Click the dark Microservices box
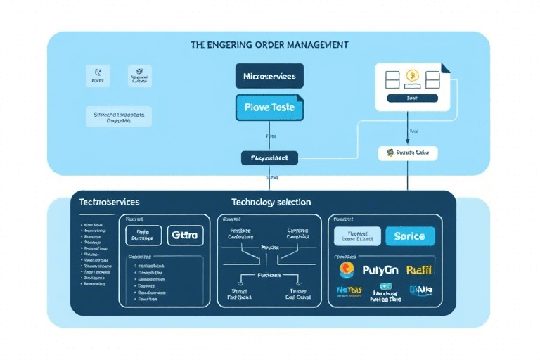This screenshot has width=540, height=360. tap(269, 76)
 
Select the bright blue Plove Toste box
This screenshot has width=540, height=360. tap(269, 108)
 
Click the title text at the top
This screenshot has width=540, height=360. tap(269, 44)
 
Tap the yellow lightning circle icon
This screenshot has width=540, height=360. tap(411, 76)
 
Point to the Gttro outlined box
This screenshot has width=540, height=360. tap(185, 236)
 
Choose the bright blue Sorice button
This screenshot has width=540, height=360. tap(410, 236)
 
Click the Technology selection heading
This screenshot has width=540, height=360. tap(271, 202)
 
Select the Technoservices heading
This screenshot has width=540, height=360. tap(109, 202)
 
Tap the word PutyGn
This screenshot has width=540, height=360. tap(380, 269)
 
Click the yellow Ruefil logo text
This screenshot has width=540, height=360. tap(420, 269)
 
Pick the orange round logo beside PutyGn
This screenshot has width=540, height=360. tap(346, 269)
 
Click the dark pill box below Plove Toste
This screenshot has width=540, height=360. tap(269, 158)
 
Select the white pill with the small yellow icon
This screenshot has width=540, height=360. tap(408, 153)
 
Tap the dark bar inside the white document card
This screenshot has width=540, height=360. tap(411, 99)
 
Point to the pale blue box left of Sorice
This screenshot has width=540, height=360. tap(356, 236)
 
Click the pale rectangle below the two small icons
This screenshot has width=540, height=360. tap(119, 117)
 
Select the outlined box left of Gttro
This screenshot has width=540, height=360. tap(143, 236)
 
